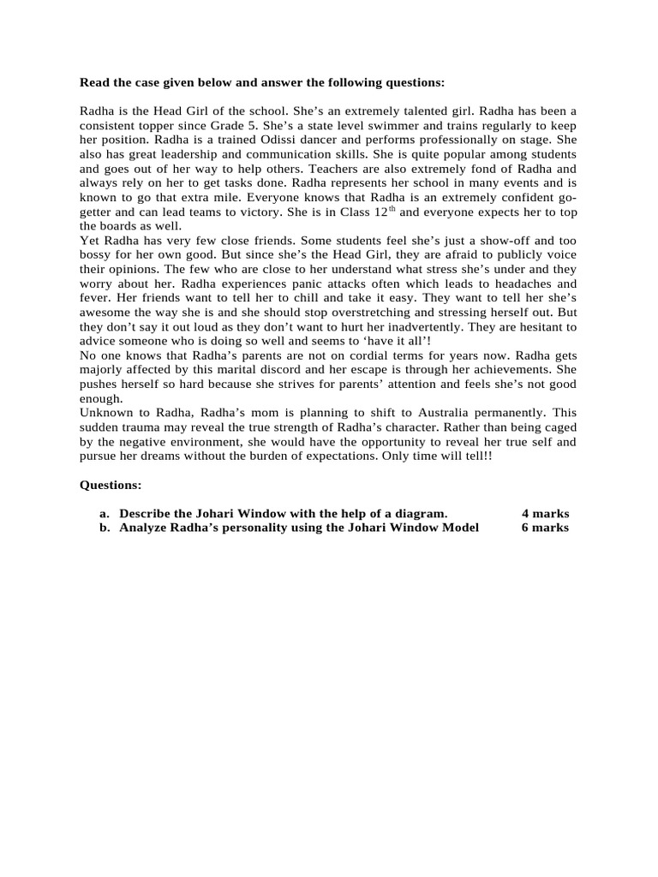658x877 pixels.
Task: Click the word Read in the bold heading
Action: pos(95,82)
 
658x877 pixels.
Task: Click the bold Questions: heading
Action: pos(111,485)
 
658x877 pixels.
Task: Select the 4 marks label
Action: pos(545,513)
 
